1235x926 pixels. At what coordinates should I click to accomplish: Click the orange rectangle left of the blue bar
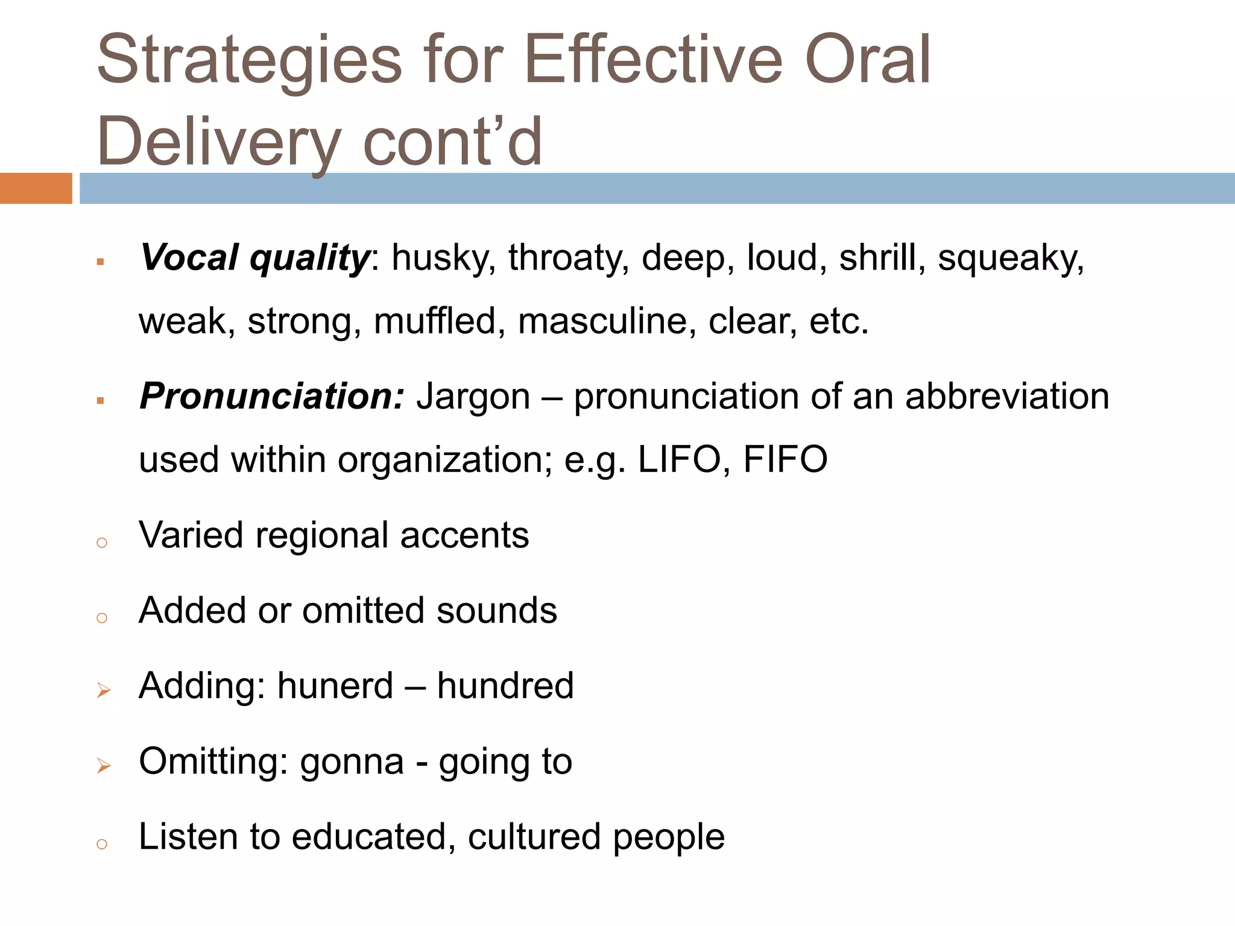point(36,188)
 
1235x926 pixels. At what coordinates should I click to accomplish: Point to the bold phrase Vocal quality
point(254,258)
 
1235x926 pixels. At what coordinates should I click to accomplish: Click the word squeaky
point(1011,258)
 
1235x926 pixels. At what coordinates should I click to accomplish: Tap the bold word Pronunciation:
point(271,397)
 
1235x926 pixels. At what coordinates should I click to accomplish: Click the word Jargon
point(473,397)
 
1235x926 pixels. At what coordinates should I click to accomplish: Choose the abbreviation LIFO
point(680,459)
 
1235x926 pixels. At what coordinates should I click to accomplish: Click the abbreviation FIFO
point(785,459)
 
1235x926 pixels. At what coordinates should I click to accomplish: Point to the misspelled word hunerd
point(335,686)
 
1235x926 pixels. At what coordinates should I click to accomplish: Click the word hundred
point(505,686)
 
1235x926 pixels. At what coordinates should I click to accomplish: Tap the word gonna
point(352,761)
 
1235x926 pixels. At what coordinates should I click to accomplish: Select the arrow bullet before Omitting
point(104,766)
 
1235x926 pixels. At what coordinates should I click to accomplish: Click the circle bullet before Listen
point(102,844)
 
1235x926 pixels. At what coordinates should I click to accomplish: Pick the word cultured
point(534,837)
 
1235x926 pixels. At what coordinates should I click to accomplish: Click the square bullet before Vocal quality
point(101,262)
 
